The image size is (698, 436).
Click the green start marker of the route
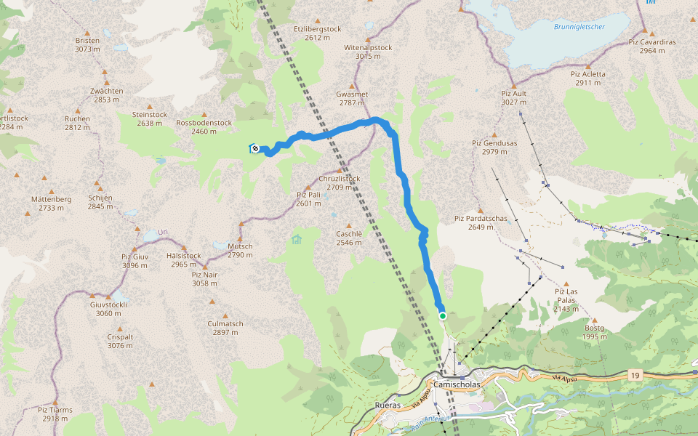(442, 315)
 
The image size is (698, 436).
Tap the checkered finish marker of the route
(255, 148)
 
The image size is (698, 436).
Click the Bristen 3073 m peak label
(87, 45)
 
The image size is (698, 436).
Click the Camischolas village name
(454, 385)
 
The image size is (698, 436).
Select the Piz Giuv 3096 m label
(135, 261)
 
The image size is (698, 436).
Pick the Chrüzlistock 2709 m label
(339, 182)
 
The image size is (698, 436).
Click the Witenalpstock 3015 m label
(368, 52)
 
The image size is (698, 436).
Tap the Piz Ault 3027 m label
(513, 97)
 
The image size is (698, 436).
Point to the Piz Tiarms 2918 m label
(55, 414)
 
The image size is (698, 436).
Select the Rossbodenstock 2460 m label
(204, 127)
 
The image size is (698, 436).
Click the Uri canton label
(163, 232)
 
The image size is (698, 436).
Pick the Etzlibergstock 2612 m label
(317, 33)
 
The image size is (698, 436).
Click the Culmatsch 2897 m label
(225, 328)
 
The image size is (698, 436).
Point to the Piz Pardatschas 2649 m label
(474, 222)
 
